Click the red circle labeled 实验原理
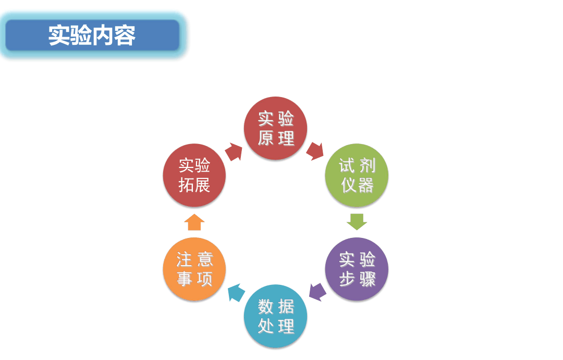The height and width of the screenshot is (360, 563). click(x=275, y=128)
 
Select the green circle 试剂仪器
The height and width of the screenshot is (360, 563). click(x=357, y=175)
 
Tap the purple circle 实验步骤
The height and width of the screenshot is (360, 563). click(x=357, y=269)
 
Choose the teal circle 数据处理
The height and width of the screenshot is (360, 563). click(x=275, y=316)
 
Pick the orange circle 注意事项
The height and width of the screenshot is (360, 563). click(x=194, y=269)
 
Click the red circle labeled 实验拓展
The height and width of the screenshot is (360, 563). click(x=194, y=175)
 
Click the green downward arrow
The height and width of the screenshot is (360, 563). click(x=357, y=222)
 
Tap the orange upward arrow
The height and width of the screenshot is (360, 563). click(x=194, y=222)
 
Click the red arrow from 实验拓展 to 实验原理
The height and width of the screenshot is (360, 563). click(x=234, y=152)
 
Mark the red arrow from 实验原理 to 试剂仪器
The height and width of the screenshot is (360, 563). click(x=315, y=151)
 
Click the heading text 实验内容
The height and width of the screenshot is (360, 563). click(x=92, y=35)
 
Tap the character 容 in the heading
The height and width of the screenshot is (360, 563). click(x=125, y=35)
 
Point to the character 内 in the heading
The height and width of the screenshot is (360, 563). click(x=103, y=35)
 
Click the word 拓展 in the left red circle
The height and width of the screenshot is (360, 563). click(x=194, y=185)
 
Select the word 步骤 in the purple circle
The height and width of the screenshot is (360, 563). click(x=357, y=279)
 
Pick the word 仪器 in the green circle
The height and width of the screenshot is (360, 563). click(x=357, y=185)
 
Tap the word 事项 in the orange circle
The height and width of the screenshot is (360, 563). click(x=194, y=279)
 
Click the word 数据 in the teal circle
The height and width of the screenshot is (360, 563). click(x=276, y=306)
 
